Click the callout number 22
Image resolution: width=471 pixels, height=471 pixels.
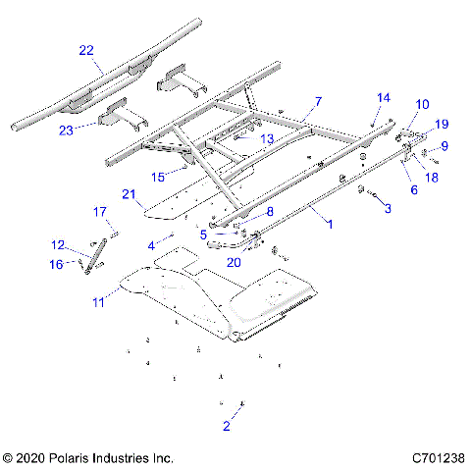(x=87, y=50)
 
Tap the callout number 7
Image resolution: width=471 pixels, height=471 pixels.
(x=318, y=101)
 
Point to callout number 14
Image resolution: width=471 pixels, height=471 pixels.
(x=383, y=98)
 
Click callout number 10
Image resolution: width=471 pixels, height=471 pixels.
(x=422, y=104)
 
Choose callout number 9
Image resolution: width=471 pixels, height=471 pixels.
(x=445, y=146)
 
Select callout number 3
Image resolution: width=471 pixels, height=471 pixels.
(x=388, y=208)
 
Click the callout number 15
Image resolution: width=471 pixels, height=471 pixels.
(x=158, y=176)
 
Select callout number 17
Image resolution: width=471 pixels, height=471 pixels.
(x=99, y=212)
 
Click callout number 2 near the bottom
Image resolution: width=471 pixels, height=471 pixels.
(x=227, y=425)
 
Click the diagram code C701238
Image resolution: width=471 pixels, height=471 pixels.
(x=438, y=457)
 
